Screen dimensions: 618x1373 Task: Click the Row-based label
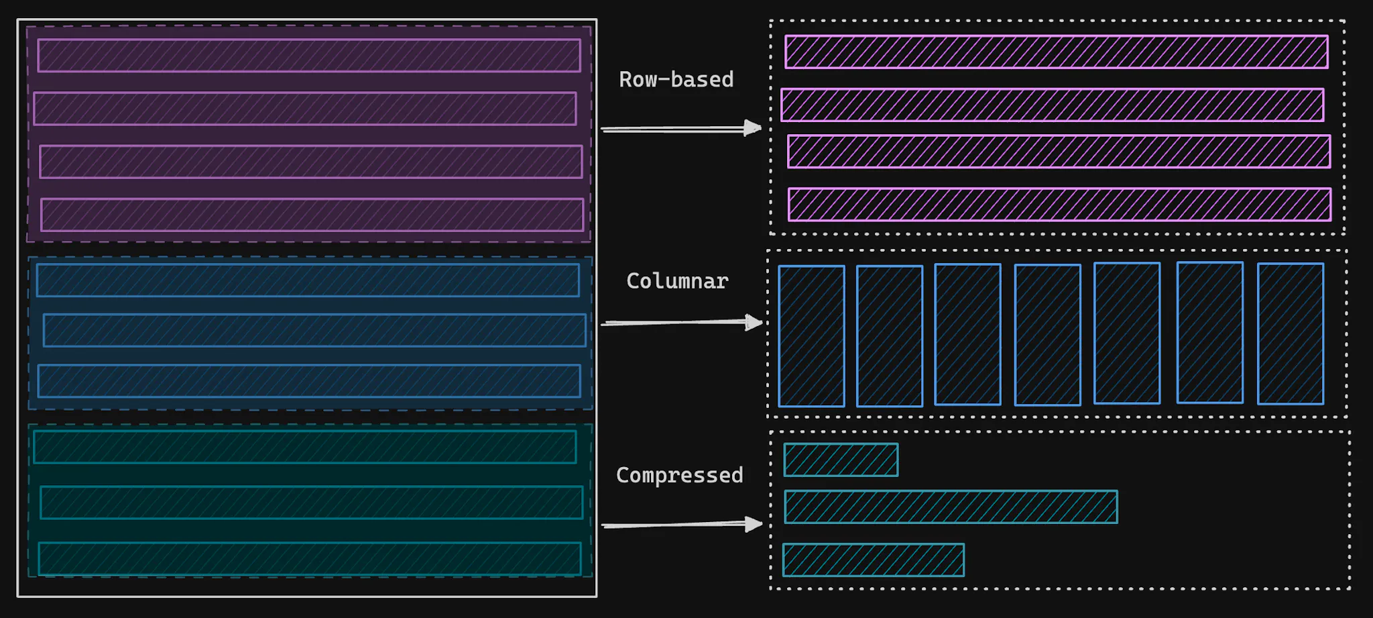point(676,80)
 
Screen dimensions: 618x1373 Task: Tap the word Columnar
point(677,281)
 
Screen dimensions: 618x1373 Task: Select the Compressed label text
point(679,475)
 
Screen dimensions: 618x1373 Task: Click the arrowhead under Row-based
point(753,127)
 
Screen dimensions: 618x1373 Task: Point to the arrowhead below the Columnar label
point(754,323)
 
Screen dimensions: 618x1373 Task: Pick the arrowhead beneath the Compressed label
point(754,523)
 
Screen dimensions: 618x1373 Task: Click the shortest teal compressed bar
point(841,460)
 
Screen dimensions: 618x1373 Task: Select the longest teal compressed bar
point(951,507)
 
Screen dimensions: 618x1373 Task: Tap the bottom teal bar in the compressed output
point(873,560)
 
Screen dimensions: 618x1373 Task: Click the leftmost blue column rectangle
point(811,336)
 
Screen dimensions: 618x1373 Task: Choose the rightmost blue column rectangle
point(1290,333)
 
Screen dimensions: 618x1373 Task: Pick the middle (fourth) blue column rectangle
point(1047,335)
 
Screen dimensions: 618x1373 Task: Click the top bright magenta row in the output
point(1056,52)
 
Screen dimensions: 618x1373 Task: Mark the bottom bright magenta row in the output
point(1059,205)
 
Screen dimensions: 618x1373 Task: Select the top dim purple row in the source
point(309,55)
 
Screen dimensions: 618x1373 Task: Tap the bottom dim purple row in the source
point(312,215)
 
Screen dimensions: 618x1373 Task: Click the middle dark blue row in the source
point(314,330)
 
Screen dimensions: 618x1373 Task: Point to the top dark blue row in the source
point(308,280)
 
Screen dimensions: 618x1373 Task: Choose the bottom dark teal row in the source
point(310,559)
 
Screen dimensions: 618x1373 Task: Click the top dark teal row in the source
point(305,447)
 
